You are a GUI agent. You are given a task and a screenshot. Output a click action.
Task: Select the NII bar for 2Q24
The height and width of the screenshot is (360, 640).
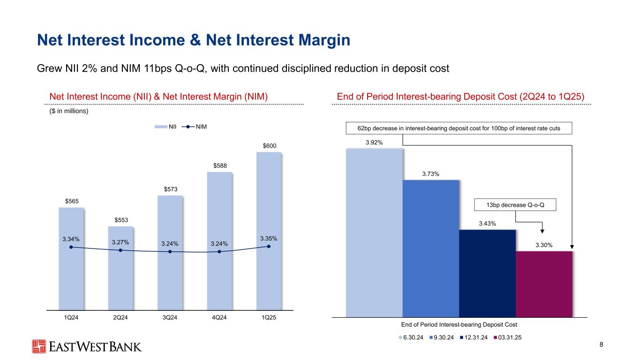click(x=120, y=281)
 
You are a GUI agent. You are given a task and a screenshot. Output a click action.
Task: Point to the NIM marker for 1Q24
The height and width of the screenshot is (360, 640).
click(x=71, y=247)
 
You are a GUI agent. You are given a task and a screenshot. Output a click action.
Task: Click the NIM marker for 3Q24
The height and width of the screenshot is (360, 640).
click(x=170, y=252)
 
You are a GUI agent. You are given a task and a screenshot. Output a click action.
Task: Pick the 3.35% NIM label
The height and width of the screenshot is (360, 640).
click(x=269, y=239)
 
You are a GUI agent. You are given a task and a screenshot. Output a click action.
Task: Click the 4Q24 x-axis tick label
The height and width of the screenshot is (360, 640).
click(x=219, y=318)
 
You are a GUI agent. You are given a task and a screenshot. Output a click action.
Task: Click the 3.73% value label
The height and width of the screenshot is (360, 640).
click(x=430, y=174)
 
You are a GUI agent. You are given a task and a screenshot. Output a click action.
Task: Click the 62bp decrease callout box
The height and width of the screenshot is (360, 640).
click(x=459, y=127)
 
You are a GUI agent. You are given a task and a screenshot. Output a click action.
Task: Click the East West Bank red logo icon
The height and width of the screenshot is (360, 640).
click(x=39, y=346)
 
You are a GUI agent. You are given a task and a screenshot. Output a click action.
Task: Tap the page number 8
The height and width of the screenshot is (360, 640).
click(x=602, y=345)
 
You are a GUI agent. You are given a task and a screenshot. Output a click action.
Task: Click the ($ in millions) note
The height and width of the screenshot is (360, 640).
click(x=68, y=112)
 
